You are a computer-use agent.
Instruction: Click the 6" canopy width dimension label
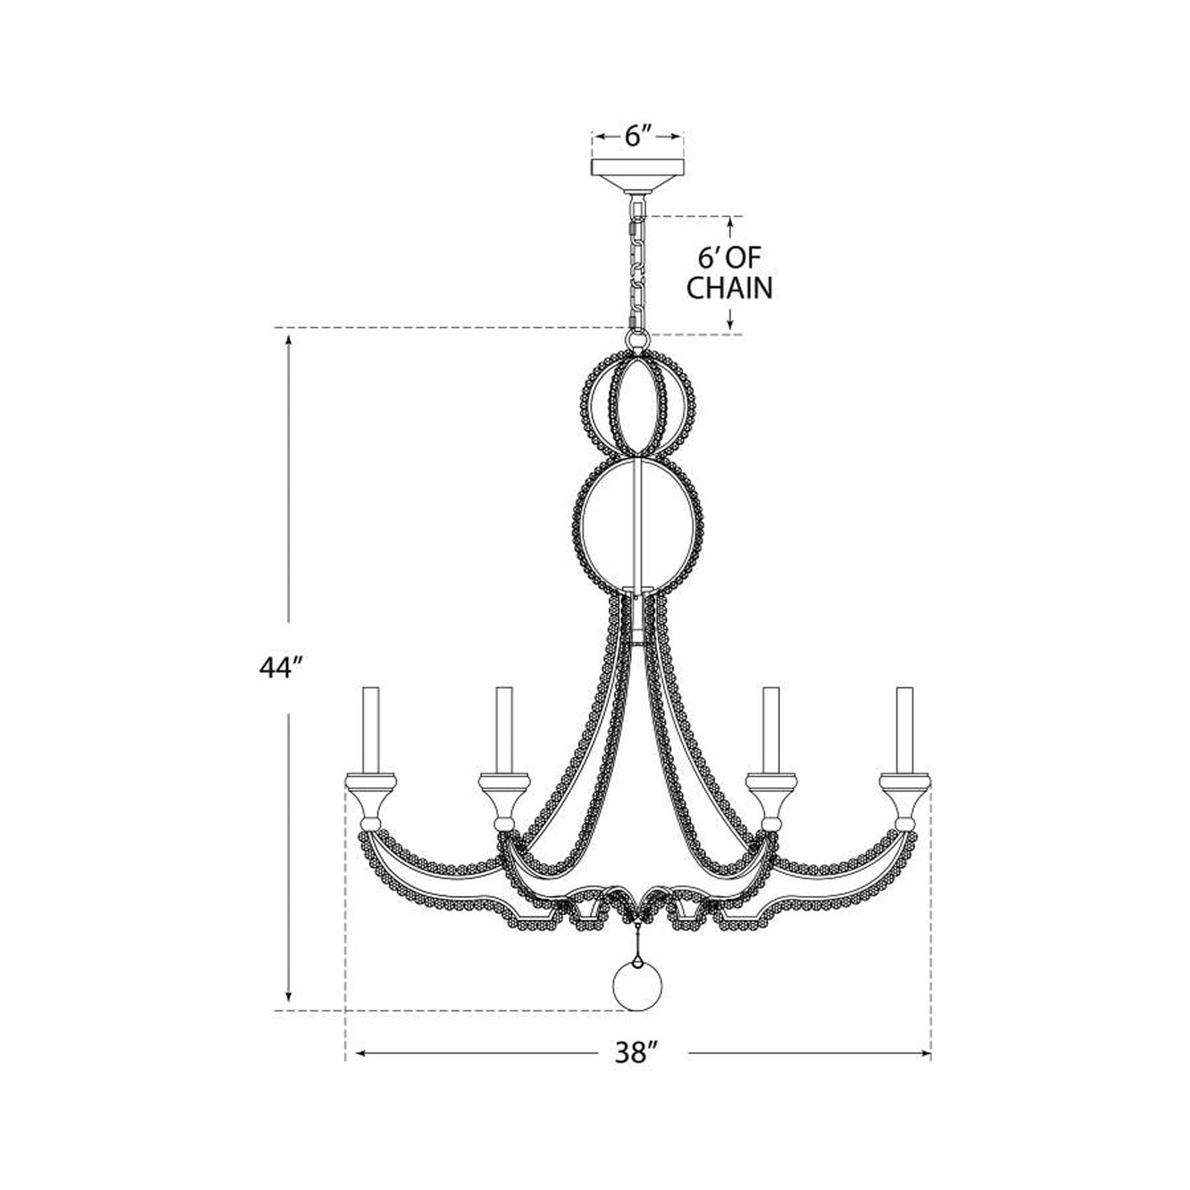(638, 137)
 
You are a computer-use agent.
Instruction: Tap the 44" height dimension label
(280, 669)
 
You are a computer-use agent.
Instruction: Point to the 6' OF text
(730, 259)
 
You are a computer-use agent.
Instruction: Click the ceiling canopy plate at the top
(638, 175)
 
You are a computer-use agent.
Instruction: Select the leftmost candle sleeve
(371, 730)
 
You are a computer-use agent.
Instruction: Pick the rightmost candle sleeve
(905, 730)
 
